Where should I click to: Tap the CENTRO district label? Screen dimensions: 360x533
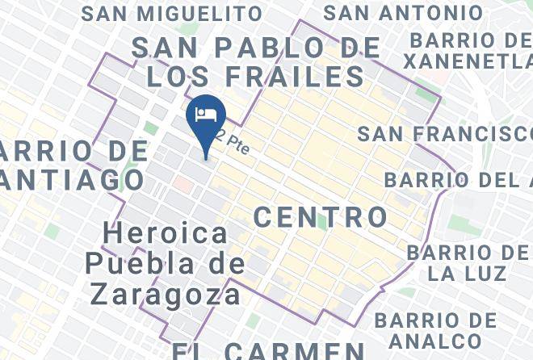[x=321, y=216]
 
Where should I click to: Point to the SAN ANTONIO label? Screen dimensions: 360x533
[x=403, y=14]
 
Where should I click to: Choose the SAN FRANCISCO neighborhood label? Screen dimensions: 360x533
[x=445, y=134]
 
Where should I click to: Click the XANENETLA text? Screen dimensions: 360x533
[x=467, y=62]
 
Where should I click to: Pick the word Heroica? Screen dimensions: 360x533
[x=166, y=235]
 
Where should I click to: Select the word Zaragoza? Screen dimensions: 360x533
[x=166, y=293]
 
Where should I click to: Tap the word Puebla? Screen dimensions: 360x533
[x=166, y=264]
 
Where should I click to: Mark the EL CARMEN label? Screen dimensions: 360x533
[x=269, y=352]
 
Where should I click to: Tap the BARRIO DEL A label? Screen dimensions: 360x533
[x=458, y=180]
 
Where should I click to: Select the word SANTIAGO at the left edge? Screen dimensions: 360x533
[x=61, y=179]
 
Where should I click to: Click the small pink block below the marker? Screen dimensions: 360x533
[x=183, y=185]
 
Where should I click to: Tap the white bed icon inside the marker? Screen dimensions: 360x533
[x=205, y=112]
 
